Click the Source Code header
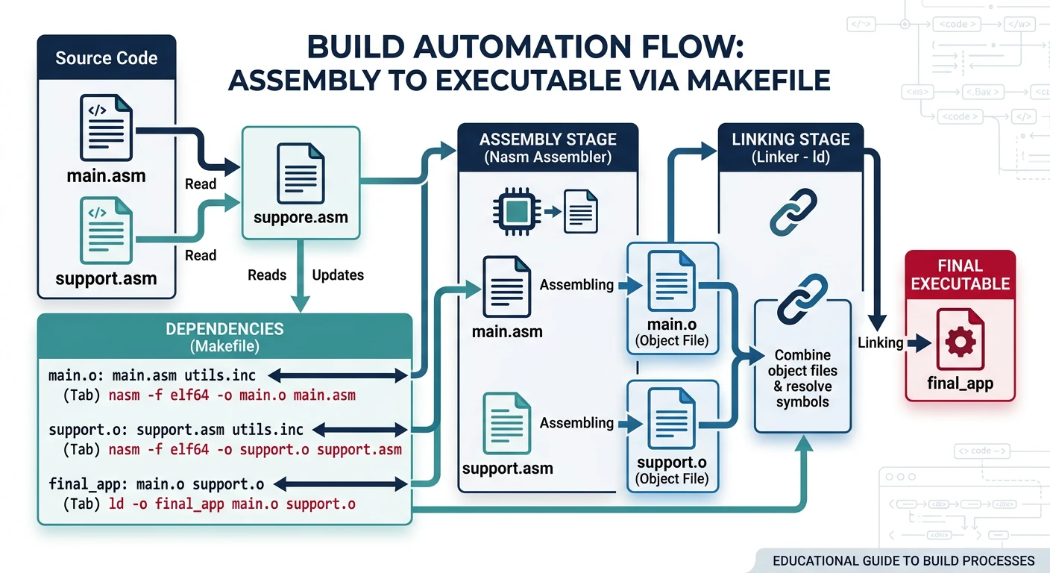(x=107, y=58)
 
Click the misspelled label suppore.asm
(x=301, y=219)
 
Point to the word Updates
(x=338, y=275)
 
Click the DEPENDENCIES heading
(x=224, y=329)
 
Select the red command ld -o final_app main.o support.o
(x=232, y=504)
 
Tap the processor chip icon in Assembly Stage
(x=512, y=211)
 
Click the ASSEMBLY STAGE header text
(x=548, y=140)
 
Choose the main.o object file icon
(x=672, y=281)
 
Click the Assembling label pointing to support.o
(x=576, y=423)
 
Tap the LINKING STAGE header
(x=790, y=140)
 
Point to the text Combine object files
(x=802, y=363)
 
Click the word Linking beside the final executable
(x=880, y=343)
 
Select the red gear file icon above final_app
(x=960, y=342)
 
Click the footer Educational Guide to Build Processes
(x=903, y=560)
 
